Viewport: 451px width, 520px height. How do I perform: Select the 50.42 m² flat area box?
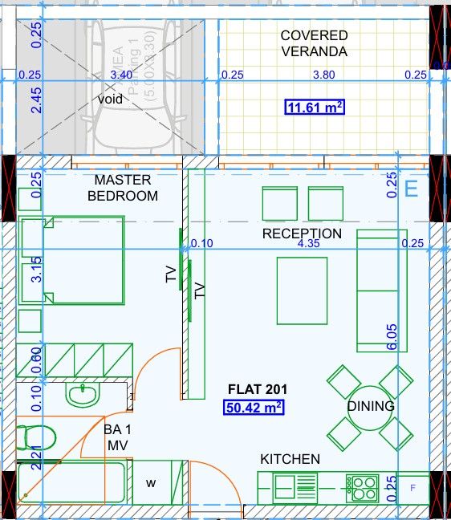click(254, 408)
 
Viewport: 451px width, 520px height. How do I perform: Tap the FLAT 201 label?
click(258, 390)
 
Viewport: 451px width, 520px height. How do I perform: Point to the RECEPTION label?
click(302, 234)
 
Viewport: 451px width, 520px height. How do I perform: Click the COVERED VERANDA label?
click(314, 43)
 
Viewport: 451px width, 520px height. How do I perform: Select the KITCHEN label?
click(290, 459)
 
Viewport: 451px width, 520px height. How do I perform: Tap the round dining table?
click(370, 407)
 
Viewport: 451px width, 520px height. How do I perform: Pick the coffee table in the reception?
click(302, 290)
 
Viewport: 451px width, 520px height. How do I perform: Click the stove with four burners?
click(362, 485)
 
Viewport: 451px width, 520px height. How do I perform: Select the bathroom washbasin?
click(82, 395)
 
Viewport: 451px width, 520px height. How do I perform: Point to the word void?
click(111, 99)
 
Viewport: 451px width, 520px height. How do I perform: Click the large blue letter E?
click(412, 189)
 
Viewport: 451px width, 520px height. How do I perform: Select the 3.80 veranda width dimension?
click(323, 75)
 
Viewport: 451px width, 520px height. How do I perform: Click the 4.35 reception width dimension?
click(309, 243)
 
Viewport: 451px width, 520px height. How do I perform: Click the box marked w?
click(150, 483)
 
